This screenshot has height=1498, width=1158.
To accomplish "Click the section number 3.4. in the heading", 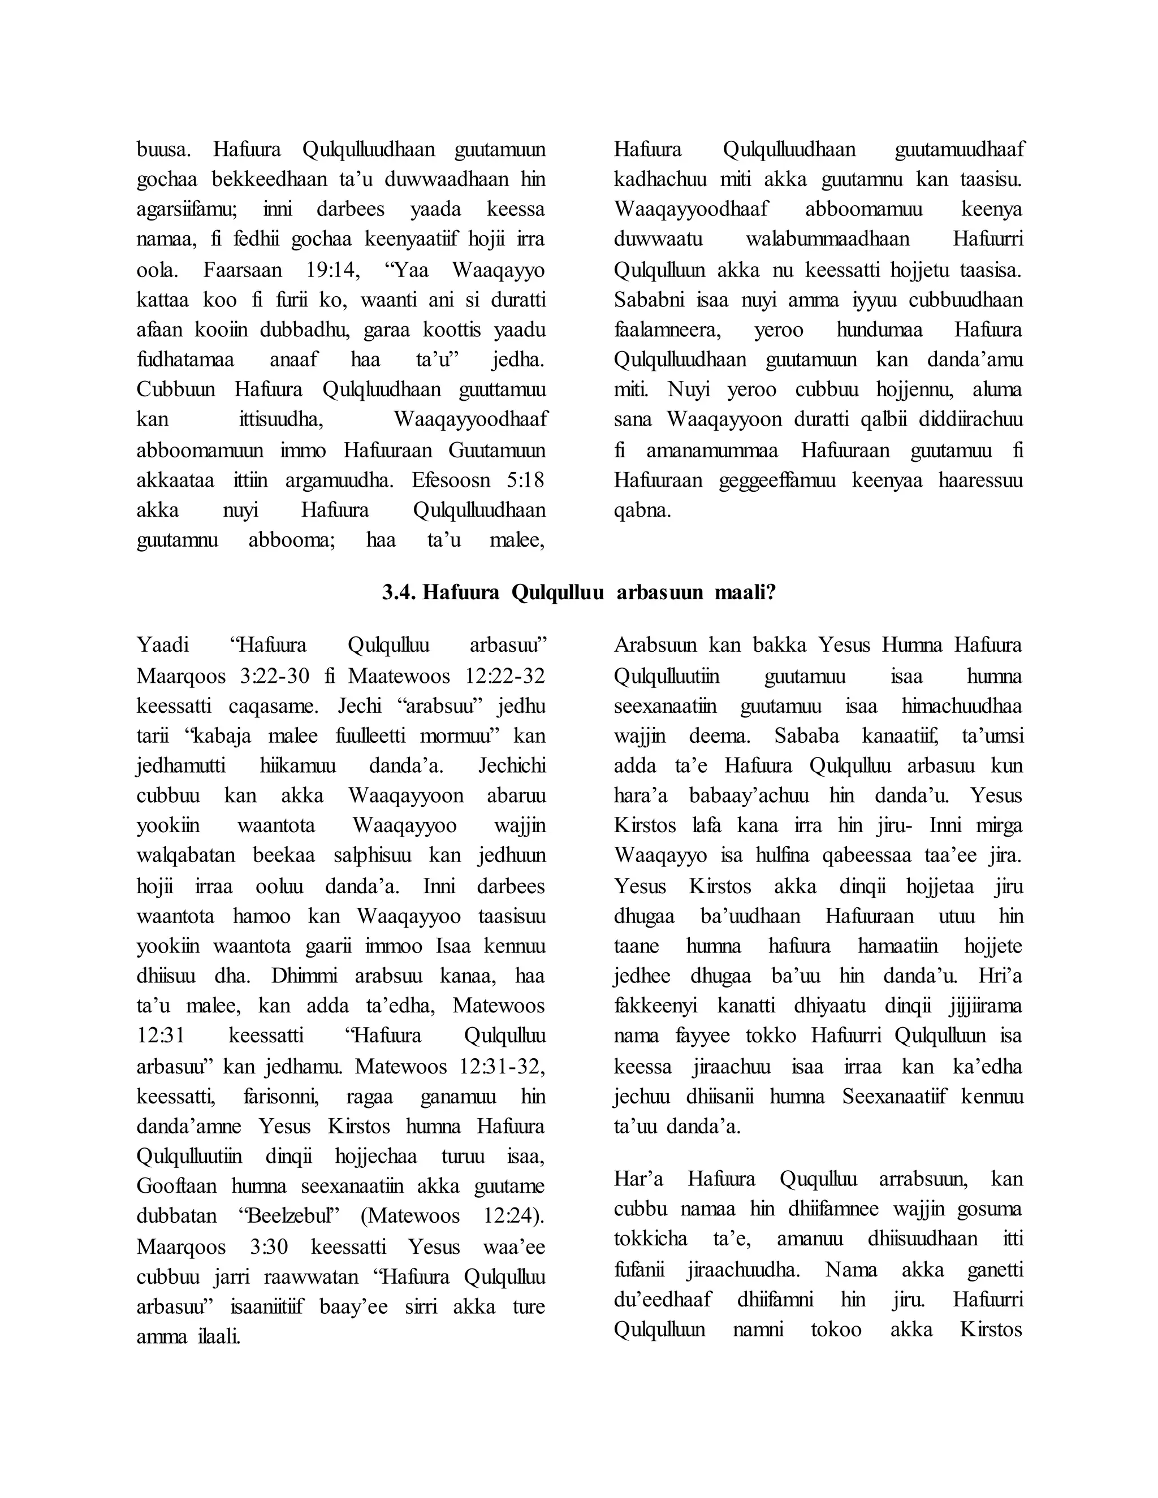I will point(399,592).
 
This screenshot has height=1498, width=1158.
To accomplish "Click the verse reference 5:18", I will point(525,480).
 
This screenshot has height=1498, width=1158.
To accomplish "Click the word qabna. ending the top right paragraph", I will point(642,510).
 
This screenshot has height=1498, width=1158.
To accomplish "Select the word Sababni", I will point(642,300).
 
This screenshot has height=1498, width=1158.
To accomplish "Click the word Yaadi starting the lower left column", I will point(163,646).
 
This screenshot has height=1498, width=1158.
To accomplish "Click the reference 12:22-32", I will point(505,676).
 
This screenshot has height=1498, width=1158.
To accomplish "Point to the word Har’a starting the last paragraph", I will point(637,1179).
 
